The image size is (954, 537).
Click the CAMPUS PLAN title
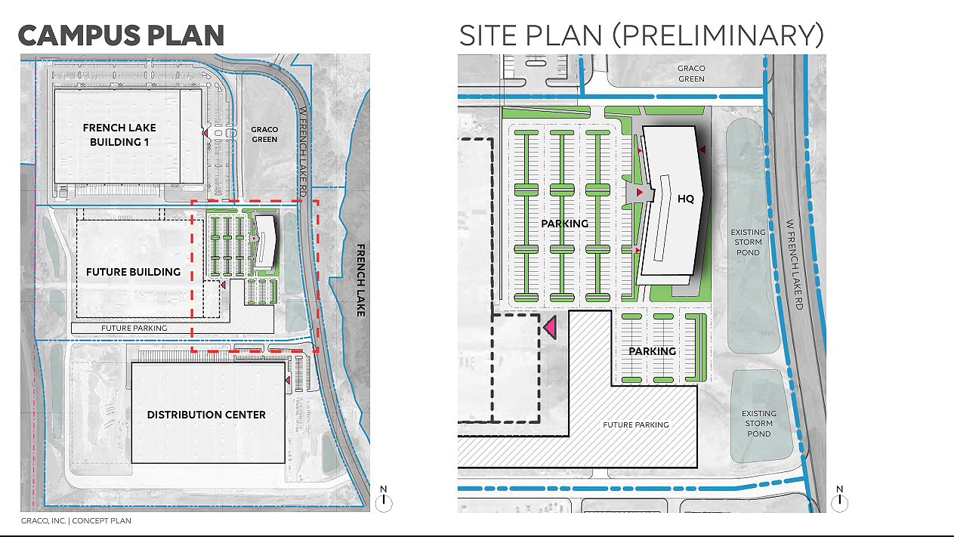click(x=121, y=35)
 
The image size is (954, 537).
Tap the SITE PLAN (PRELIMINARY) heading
click(x=641, y=35)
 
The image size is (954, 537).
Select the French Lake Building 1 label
click(x=119, y=134)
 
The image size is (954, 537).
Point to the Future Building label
click(x=133, y=272)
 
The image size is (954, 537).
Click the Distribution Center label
click(x=206, y=415)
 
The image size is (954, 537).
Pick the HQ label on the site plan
click(x=686, y=199)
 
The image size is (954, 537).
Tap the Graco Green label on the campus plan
click(x=264, y=134)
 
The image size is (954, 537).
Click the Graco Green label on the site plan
click(x=691, y=73)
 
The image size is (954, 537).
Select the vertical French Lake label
click(x=361, y=280)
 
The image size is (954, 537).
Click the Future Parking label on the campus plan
click(x=134, y=328)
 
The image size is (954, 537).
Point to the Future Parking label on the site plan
click(x=636, y=424)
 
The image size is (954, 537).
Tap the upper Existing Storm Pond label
click(x=748, y=242)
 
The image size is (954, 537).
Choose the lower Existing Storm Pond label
click(x=759, y=423)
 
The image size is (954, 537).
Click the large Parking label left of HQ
click(x=565, y=224)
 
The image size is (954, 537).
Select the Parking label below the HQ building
click(x=653, y=351)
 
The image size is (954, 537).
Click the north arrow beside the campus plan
click(x=384, y=499)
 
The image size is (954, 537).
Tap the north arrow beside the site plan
click(x=839, y=499)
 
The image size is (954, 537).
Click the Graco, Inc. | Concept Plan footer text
click(x=76, y=521)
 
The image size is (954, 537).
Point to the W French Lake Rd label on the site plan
click(x=795, y=264)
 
